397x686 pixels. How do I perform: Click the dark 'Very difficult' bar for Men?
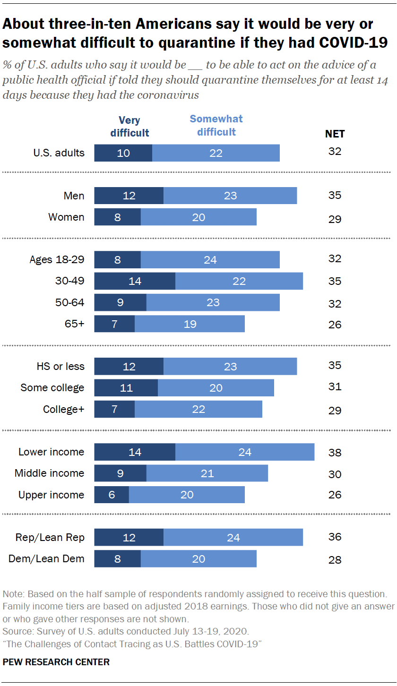(129, 196)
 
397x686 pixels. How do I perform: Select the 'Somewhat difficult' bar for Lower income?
(244, 452)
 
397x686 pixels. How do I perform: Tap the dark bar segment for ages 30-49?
(135, 281)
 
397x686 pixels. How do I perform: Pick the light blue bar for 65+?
(190, 324)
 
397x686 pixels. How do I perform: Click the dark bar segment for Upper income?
(112, 495)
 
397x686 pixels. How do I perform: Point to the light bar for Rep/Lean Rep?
(233, 537)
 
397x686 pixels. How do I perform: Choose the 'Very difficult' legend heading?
(129, 127)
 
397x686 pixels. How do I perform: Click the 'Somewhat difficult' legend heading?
(216, 125)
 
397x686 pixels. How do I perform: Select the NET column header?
(335, 134)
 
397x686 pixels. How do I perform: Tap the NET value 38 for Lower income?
(335, 453)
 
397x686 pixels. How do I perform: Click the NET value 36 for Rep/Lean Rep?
(335, 537)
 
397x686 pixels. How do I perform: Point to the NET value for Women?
(335, 219)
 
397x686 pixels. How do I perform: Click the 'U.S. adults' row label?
(59, 153)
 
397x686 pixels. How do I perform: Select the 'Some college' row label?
(52, 388)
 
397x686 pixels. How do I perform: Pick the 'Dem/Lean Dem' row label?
(46, 559)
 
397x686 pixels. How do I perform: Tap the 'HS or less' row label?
(60, 366)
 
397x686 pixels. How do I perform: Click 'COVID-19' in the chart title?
(354, 43)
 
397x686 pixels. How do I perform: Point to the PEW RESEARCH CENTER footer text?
(56, 662)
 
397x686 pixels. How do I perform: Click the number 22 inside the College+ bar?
(198, 409)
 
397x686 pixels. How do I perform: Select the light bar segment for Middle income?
(207, 473)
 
